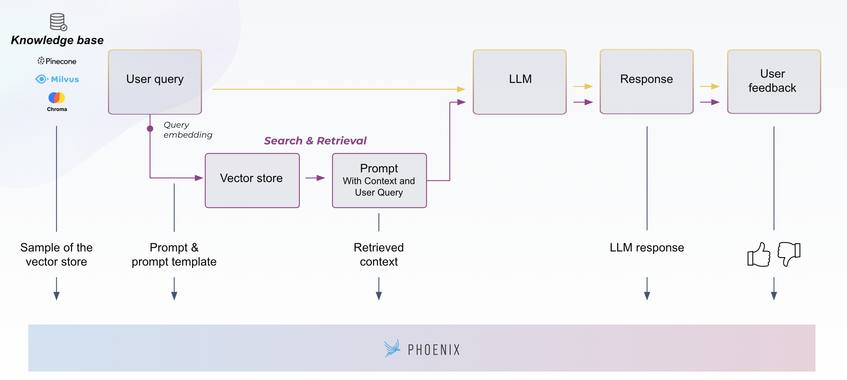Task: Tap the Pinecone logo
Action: coord(57,61)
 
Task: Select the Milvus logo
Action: coord(57,79)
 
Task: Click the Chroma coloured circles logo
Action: coord(57,98)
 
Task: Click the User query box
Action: coord(155,82)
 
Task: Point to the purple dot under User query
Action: coord(150,129)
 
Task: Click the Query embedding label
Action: coord(188,130)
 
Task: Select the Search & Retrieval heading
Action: coord(315,141)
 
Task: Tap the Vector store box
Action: coord(252,180)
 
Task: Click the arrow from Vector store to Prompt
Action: coord(315,178)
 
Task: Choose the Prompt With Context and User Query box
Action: coord(379,180)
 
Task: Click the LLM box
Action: coord(520,82)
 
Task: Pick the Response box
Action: coord(646,82)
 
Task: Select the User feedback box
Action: coord(774,81)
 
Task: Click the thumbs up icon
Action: coord(759,254)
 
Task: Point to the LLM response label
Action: coord(647,248)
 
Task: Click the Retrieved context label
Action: coord(379,254)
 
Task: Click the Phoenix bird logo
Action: coord(392,348)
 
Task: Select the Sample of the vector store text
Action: coord(57,254)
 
